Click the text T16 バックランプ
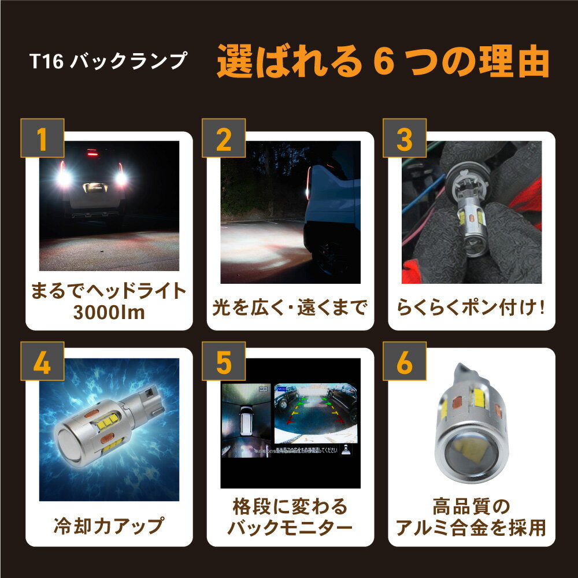coord(109,61)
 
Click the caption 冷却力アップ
coord(109,527)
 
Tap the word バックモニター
coord(290,528)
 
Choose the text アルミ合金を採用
coord(471,528)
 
